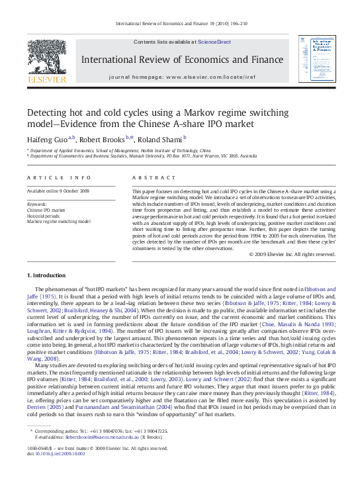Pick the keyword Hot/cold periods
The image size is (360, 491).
coord(44,216)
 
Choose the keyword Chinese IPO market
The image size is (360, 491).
coord(46,210)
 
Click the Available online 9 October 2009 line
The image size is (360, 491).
coord(58,191)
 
